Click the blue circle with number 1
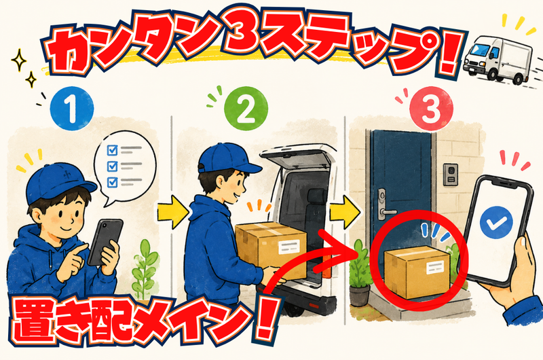(x=72, y=109)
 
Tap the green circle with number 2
(x=246, y=109)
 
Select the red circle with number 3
(x=431, y=109)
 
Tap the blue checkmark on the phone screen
(x=496, y=222)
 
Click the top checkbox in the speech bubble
(x=112, y=150)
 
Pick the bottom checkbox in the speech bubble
(x=112, y=182)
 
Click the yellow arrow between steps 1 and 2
(x=172, y=212)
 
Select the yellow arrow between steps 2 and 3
(x=345, y=212)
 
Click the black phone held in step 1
(x=105, y=242)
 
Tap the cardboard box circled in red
(x=417, y=272)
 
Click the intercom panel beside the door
(x=451, y=175)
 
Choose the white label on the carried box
(x=289, y=247)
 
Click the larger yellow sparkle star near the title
(x=19, y=60)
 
